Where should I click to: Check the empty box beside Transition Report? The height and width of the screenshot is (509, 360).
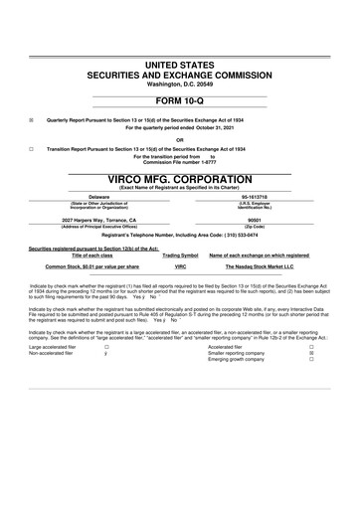[x=32, y=147]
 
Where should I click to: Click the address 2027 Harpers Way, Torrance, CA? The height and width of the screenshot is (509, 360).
[x=99, y=219]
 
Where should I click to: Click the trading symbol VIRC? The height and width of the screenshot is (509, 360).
[x=181, y=267]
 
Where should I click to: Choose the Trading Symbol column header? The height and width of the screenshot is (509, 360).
[x=180, y=255]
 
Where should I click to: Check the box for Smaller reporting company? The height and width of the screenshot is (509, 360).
[x=311, y=352]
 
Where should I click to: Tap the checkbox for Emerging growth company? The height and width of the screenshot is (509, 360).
[x=311, y=359]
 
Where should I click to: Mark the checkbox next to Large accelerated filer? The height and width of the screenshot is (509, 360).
[x=106, y=345]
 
